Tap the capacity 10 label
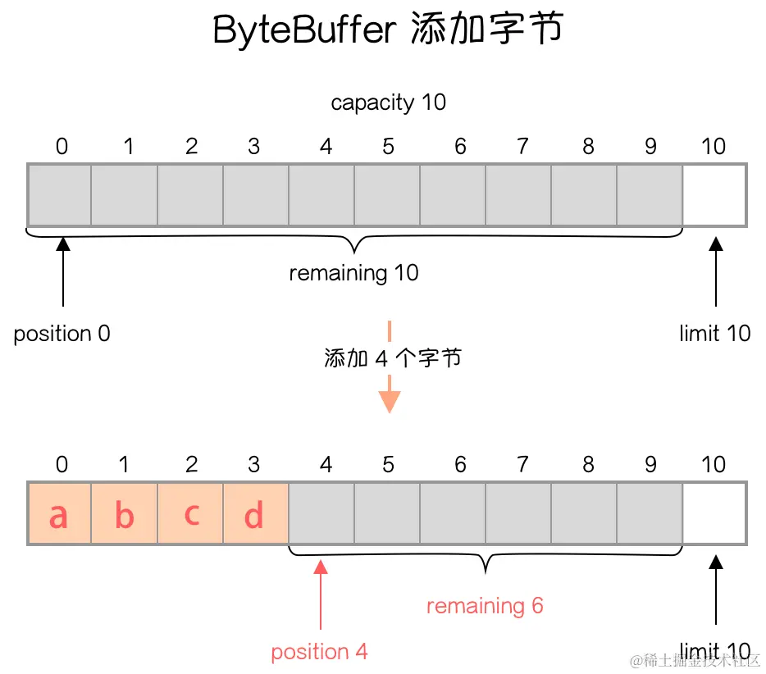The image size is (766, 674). pos(388,102)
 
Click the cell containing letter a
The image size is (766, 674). pos(59,514)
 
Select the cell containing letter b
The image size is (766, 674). pos(124,514)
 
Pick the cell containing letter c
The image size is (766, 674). pos(190,514)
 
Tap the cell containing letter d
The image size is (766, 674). pos(255,514)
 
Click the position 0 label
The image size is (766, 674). pos(62,334)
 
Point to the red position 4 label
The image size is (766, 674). pos(319,652)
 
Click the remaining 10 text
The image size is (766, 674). pos(353,273)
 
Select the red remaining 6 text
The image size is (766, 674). pos(485,606)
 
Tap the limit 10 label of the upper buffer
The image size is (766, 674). pos(715,334)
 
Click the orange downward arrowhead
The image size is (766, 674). pos(389,401)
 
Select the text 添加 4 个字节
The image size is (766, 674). pos(392,358)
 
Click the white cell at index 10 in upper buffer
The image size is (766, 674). pos(714,195)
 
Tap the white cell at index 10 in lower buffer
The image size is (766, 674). pos(714,513)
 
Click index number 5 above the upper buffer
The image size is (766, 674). pos(388,147)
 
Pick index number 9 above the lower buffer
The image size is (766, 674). pos(650,465)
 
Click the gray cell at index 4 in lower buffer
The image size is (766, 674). pos(321,513)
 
